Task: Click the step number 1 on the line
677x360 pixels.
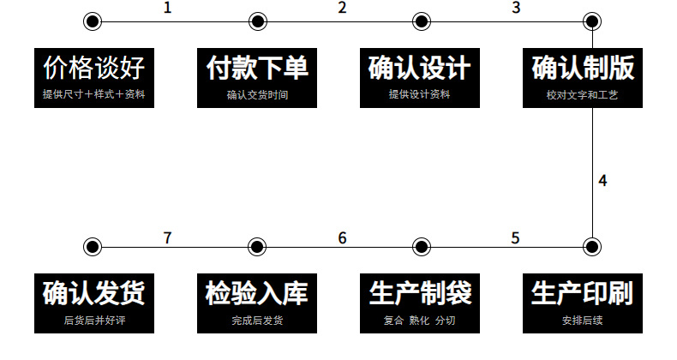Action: coord(168,9)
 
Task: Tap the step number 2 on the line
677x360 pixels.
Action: coord(342,9)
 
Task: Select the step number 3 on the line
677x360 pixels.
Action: coord(516,9)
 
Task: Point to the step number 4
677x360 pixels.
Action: coord(603,181)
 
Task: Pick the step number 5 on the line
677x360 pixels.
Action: coord(515,237)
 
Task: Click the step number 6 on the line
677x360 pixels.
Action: coord(342,237)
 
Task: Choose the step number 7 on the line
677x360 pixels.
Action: coord(168,237)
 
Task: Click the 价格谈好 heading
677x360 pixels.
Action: coord(93,68)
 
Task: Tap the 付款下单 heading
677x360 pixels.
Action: coord(256,68)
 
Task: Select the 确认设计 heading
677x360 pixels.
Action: coord(420,68)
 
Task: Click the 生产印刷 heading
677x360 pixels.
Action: coord(583,293)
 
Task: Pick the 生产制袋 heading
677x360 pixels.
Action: coord(420,293)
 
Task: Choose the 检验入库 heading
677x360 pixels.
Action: coord(256,293)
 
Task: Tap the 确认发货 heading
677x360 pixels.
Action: coord(93,293)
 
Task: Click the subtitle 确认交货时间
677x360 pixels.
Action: coord(257,95)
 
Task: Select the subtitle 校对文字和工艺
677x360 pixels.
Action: coord(583,95)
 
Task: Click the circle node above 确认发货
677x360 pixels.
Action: coord(93,247)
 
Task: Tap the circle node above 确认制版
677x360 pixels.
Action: coord(590,21)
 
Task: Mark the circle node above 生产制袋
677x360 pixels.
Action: coord(420,247)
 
